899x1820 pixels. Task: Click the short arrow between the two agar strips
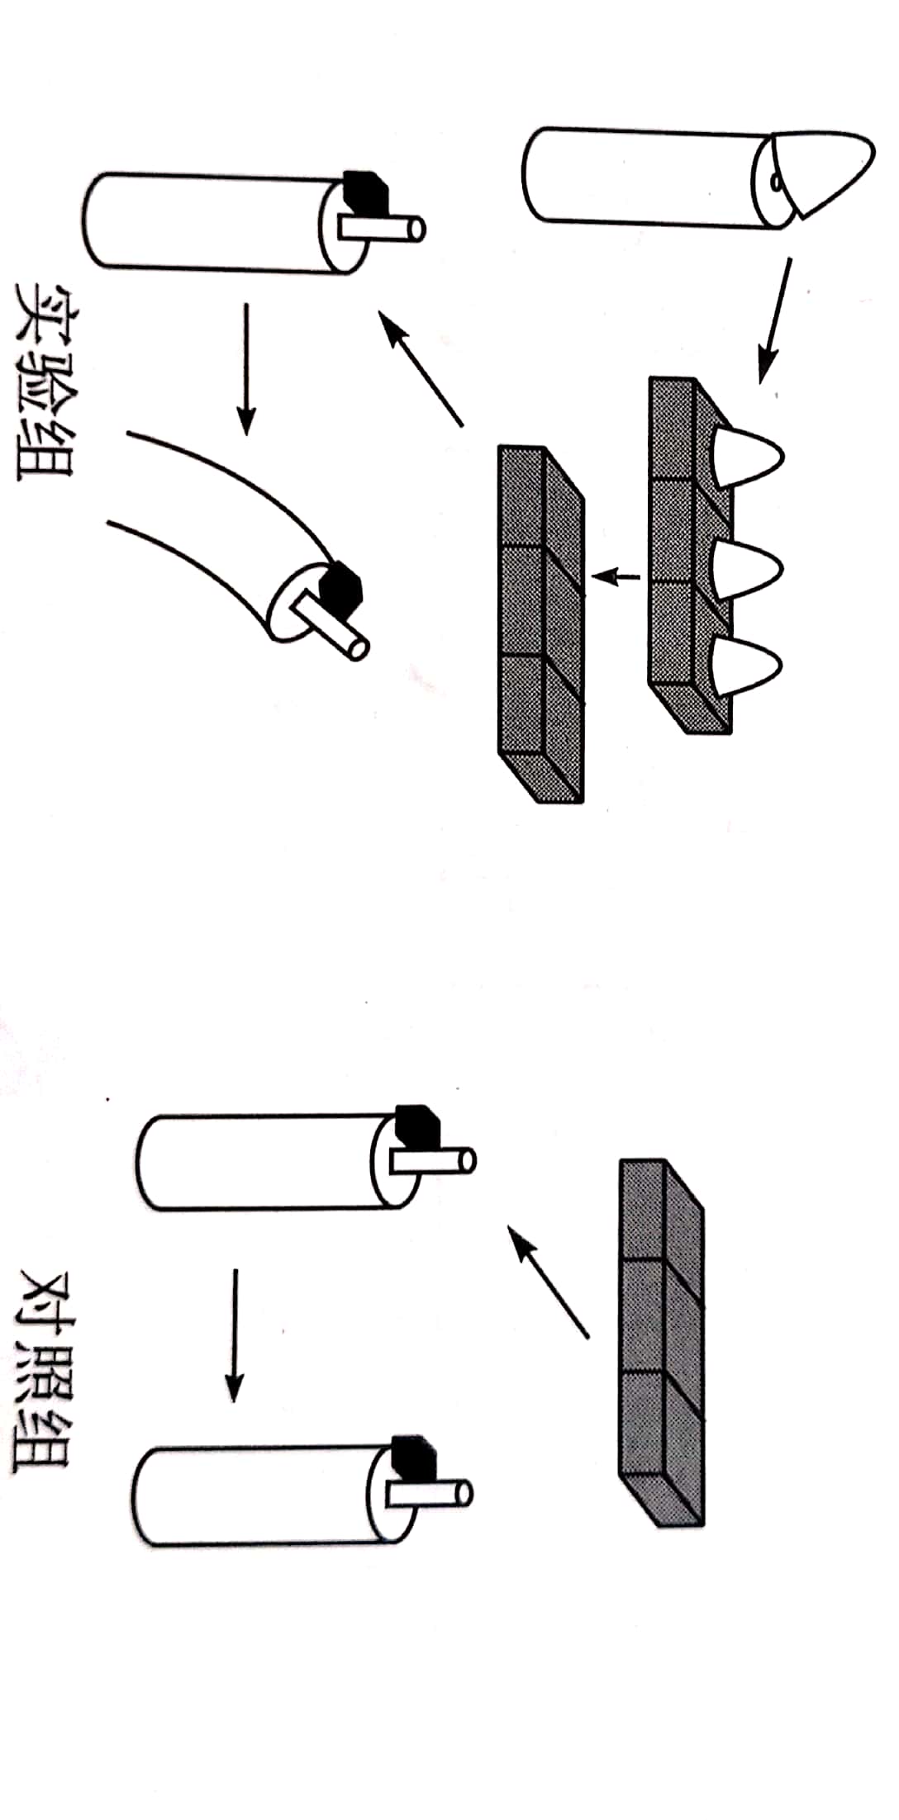pyautogui.click(x=616, y=576)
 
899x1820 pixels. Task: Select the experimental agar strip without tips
pyautogui.click(x=541, y=623)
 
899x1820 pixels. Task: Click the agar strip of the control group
pyautogui.click(x=661, y=1342)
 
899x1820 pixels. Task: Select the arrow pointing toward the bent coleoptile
pyautogui.click(x=245, y=367)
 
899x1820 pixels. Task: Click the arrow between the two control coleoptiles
pyautogui.click(x=235, y=1334)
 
